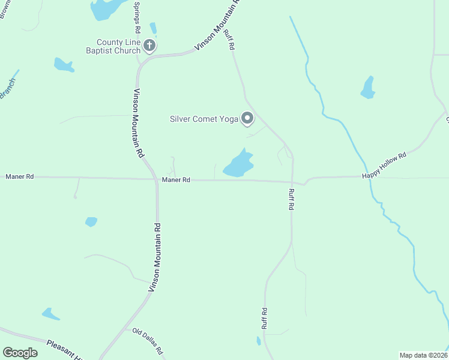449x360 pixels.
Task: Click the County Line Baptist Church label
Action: click(x=118, y=46)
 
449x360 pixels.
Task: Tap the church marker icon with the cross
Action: click(x=149, y=46)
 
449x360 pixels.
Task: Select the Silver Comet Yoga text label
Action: click(x=204, y=118)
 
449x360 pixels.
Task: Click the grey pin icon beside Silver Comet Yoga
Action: click(x=247, y=118)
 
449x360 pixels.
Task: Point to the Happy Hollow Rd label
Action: click(x=384, y=165)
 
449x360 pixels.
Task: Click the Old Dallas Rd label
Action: click(x=148, y=341)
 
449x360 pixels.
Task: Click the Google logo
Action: click(x=20, y=353)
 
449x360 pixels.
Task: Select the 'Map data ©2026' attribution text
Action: click(x=423, y=355)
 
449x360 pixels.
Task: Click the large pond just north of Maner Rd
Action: click(x=238, y=164)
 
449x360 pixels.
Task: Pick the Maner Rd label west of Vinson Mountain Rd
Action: click(x=20, y=177)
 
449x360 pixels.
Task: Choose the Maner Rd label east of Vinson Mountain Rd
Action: click(x=176, y=180)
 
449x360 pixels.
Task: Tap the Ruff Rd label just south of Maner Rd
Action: click(x=292, y=199)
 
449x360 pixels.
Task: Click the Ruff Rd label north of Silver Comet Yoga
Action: click(x=229, y=40)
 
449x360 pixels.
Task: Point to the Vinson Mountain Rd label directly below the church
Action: click(x=139, y=123)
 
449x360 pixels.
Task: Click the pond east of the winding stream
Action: click(x=368, y=88)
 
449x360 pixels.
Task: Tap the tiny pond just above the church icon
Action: click(x=153, y=28)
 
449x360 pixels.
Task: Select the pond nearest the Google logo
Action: click(x=50, y=314)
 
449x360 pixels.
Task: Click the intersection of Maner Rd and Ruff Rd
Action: click(x=292, y=182)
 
